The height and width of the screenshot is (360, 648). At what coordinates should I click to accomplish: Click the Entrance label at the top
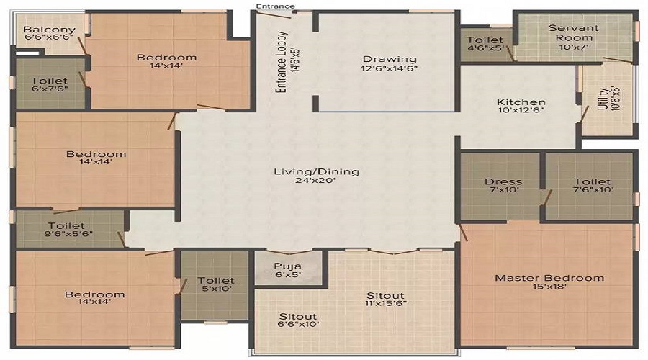coord(274,6)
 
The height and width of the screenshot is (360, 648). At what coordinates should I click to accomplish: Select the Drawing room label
coord(390,59)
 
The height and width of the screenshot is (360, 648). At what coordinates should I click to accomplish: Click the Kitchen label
coord(521,102)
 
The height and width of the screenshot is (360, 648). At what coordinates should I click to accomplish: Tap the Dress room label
coord(503,182)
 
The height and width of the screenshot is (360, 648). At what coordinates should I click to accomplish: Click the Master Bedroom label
coord(549,278)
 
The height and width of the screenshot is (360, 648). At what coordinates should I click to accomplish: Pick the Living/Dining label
coord(316,171)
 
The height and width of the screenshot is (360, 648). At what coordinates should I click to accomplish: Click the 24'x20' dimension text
coord(316,182)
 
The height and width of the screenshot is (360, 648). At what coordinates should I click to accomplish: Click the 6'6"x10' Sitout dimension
coord(298,326)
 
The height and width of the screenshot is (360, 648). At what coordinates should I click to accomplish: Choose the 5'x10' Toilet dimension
coord(216,290)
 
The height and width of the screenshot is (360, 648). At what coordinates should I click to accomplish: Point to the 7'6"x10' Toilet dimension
coord(593,192)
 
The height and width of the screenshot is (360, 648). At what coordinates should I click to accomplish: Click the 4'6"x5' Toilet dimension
coord(485,50)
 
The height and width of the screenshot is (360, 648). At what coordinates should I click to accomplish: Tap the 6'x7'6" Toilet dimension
coord(50,91)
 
